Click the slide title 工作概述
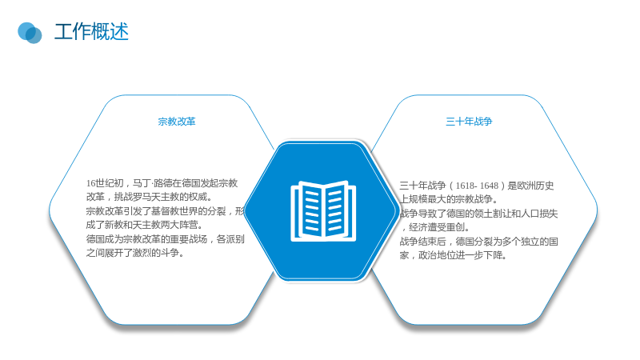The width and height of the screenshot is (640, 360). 91,32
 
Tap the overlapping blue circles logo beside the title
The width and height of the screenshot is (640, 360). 30,33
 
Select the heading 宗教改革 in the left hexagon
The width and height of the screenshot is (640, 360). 177,122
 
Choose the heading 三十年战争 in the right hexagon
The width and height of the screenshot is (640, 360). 469,122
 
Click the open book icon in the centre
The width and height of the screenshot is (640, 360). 323,211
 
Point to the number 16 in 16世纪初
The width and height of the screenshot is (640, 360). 90,183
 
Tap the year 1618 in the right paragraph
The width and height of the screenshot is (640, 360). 465,186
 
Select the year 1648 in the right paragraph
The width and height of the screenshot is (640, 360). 489,186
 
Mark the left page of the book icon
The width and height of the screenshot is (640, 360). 309,210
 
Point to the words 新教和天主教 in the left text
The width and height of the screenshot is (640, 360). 132,225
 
